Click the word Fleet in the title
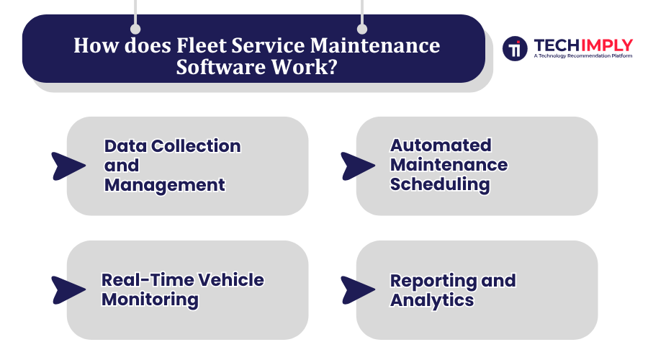click(x=202, y=45)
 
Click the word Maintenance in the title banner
click(x=375, y=45)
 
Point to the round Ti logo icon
click(x=515, y=48)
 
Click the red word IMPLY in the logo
click(x=607, y=45)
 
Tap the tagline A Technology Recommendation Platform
click(x=582, y=55)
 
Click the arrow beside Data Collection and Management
click(x=68, y=166)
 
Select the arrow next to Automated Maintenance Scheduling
click(x=358, y=166)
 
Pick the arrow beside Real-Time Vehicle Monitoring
click(x=68, y=290)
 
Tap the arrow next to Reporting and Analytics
click(x=358, y=290)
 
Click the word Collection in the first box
click(x=196, y=146)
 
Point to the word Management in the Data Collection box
click(x=164, y=185)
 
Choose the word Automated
click(x=441, y=145)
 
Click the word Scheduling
click(x=440, y=184)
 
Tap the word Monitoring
click(x=150, y=300)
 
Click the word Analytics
click(x=432, y=300)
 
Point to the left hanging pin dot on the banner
click(x=135, y=29)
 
